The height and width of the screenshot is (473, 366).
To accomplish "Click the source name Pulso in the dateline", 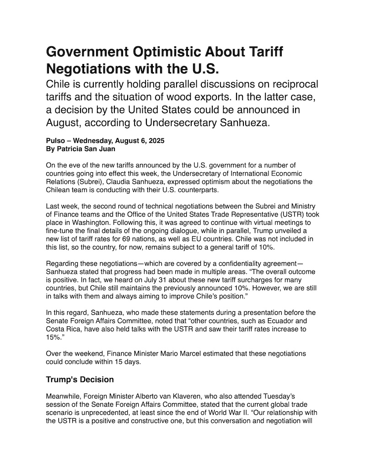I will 55,141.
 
